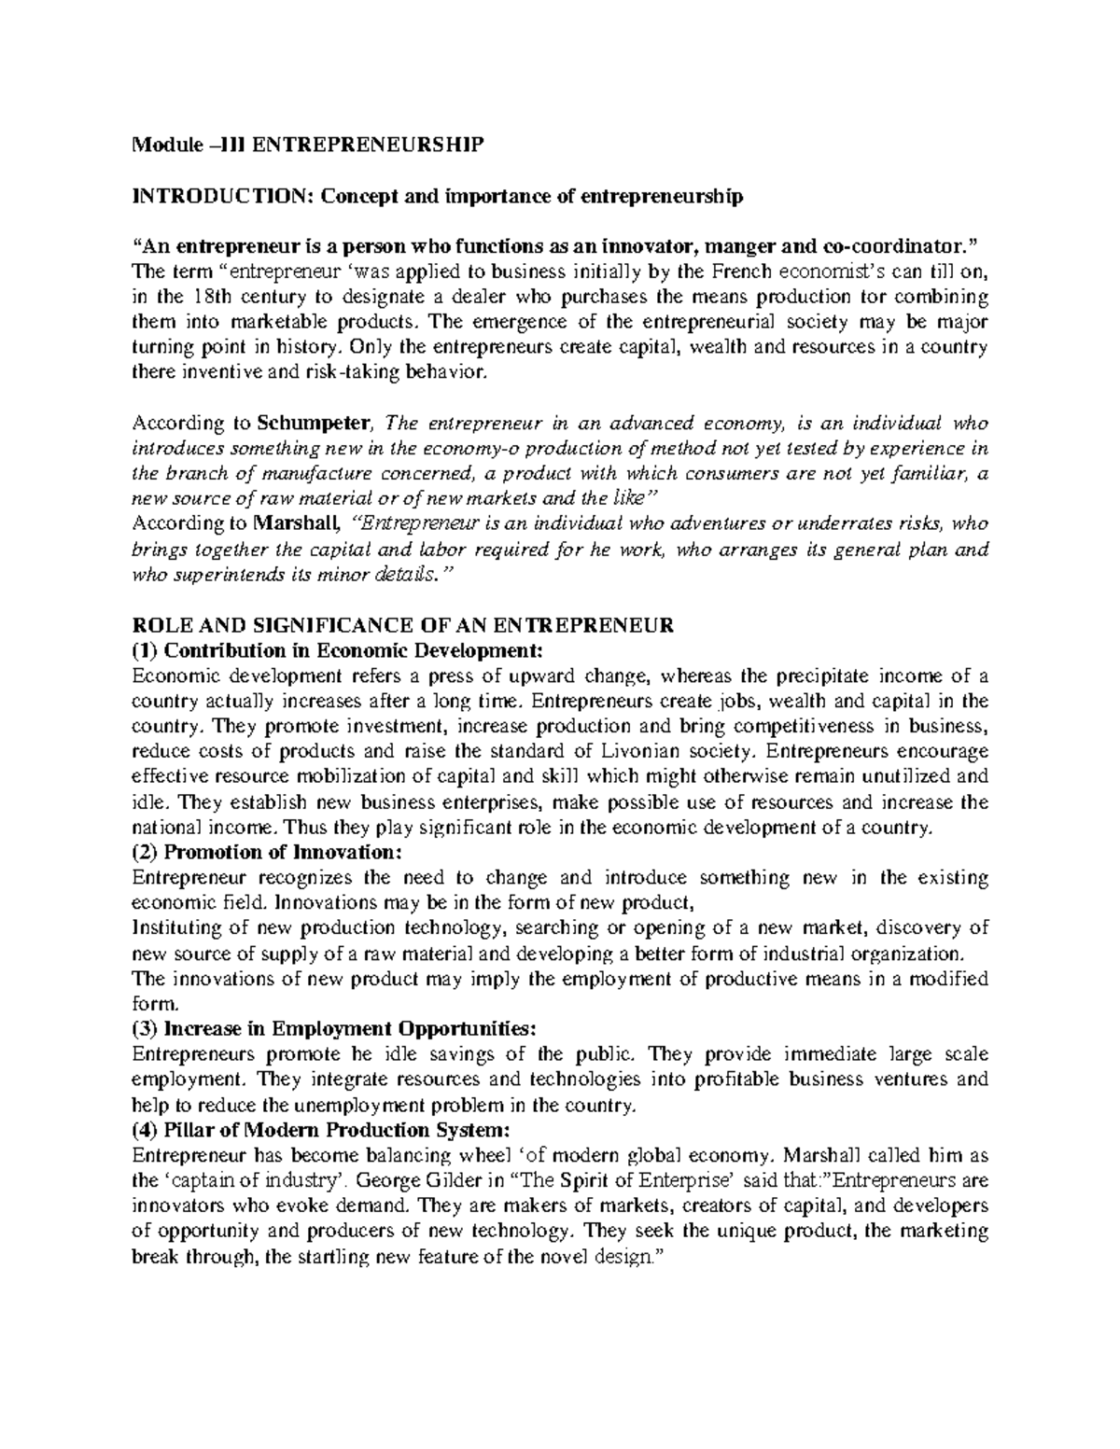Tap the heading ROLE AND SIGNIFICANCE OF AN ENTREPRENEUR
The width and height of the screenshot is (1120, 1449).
[x=402, y=625]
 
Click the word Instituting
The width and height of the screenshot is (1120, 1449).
[x=175, y=927]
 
